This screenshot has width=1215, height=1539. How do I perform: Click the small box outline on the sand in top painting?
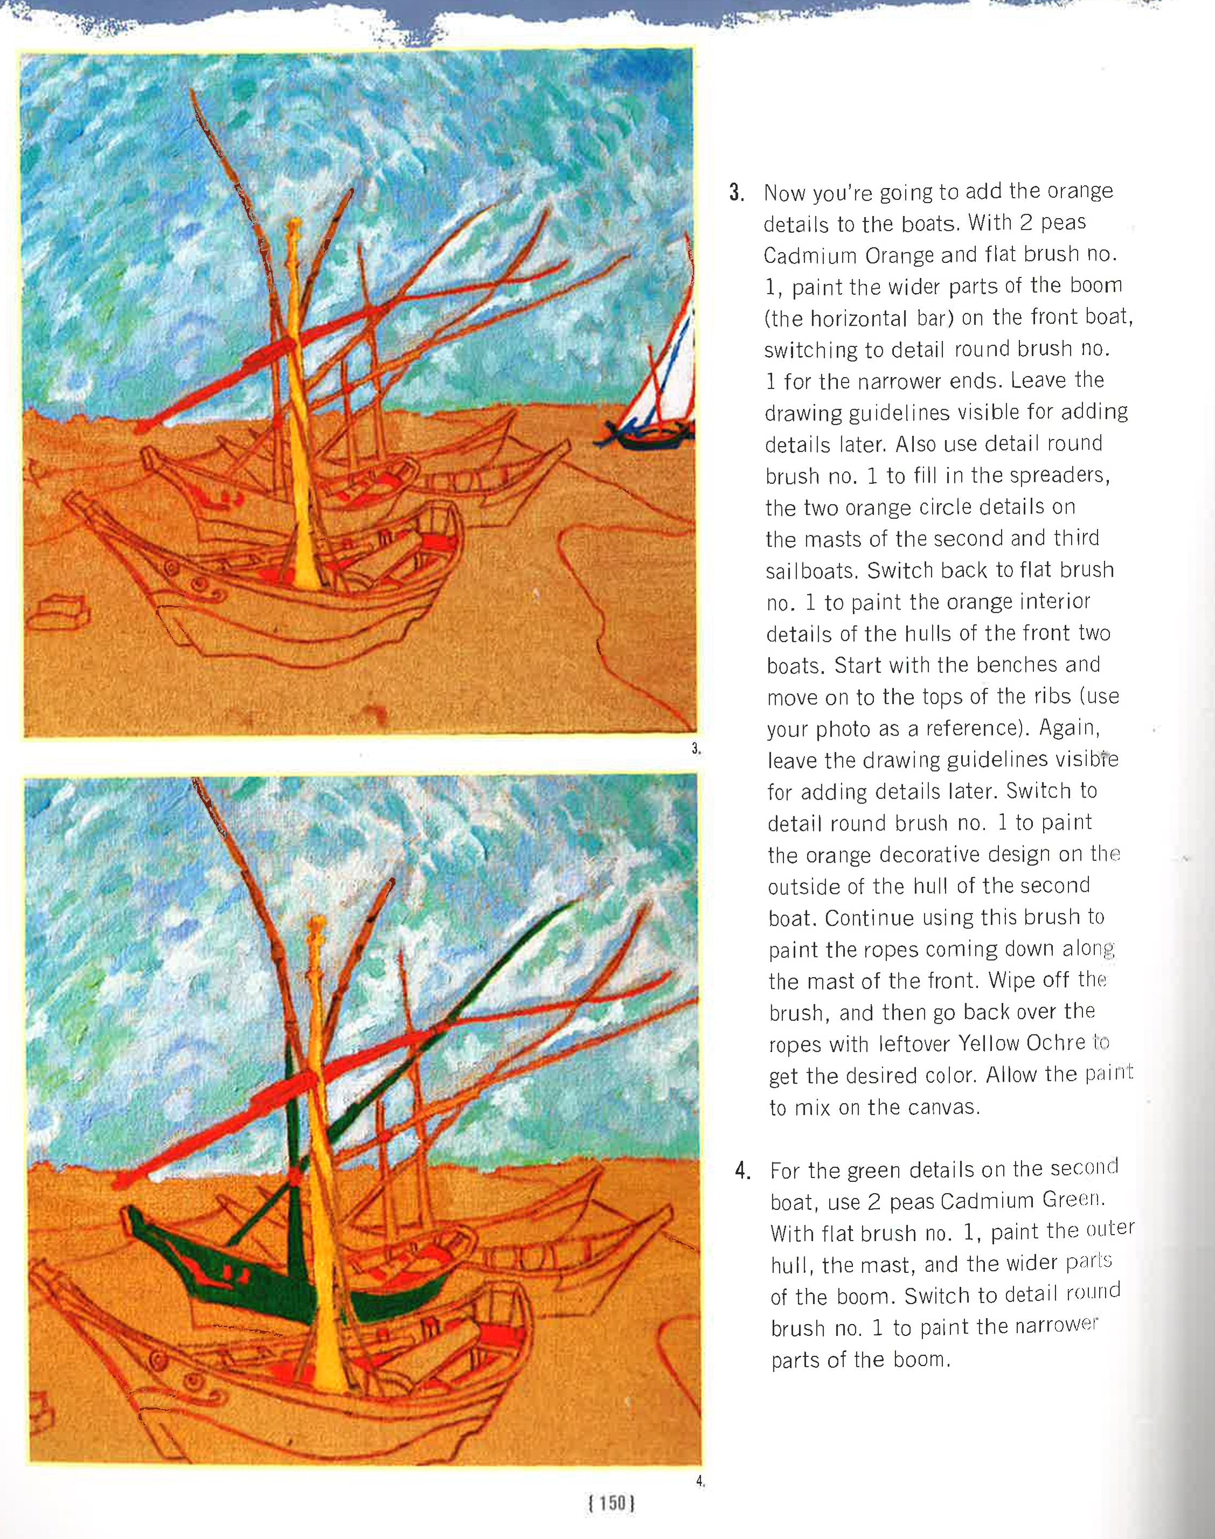(61, 612)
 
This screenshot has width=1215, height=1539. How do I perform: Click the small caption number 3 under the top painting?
(696, 748)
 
